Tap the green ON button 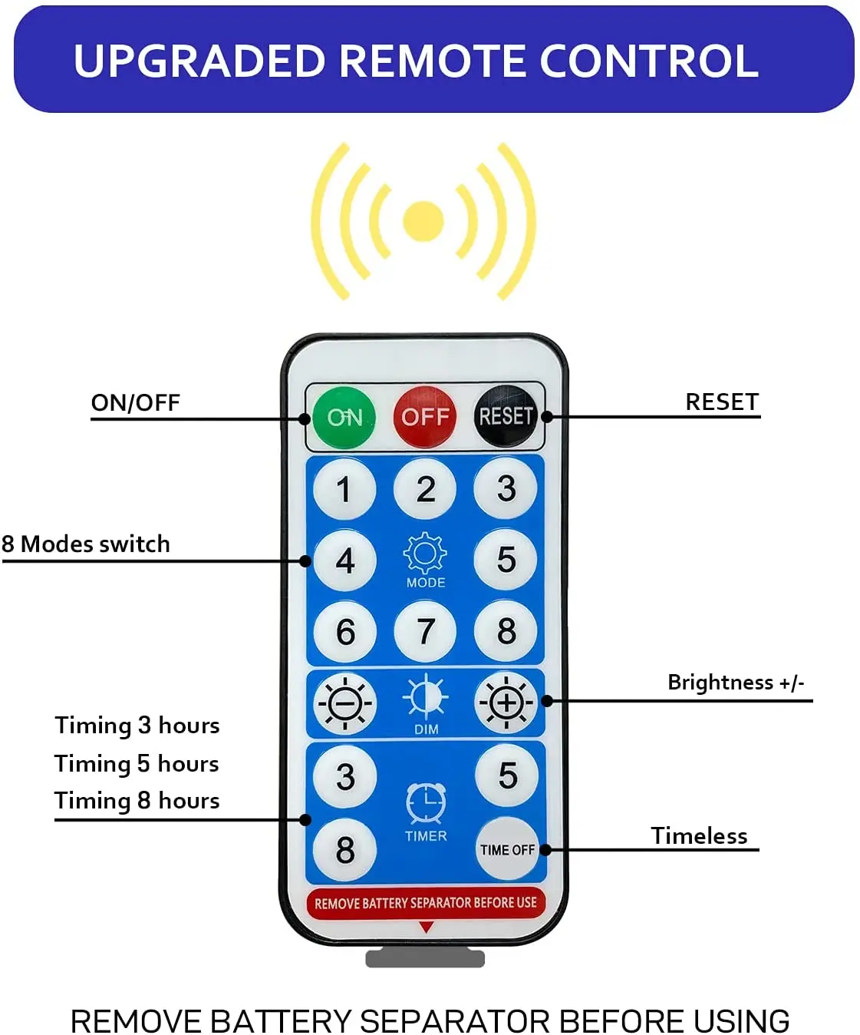click(344, 417)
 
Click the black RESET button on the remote click(506, 416)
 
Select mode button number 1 click(344, 489)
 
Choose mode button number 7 click(425, 631)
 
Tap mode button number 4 click(344, 560)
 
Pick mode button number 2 click(425, 489)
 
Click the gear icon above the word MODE click(425, 552)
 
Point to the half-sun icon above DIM click(426, 697)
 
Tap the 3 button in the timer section click(345, 776)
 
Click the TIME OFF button click(507, 849)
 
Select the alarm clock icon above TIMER click(426, 803)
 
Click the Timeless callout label click(699, 835)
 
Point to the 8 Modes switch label click(86, 544)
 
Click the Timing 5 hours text click(137, 763)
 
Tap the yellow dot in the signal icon click(423, 221)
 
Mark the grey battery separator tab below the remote click(425, 958)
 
